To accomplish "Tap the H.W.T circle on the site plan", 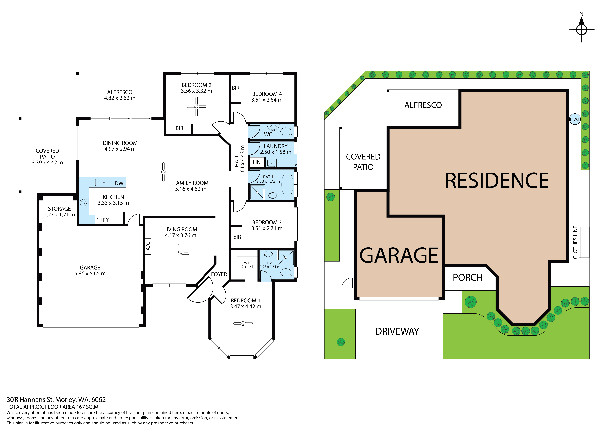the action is click(x=575, y=119).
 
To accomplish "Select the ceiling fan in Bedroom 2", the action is click(x=197, y=107).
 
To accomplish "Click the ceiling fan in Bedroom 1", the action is click(x=243, y=323).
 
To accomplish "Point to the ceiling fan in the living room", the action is click(x=179, y=254).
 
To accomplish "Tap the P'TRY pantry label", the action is click(x=102, y=220).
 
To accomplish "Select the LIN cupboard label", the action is click(x=257, y=162).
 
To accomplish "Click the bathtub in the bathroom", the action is click(x=287, y=185).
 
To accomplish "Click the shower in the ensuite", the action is click(x=286, y=258).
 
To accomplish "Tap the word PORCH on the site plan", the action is click(x=468, y=277).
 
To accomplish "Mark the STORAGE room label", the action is click(x=59, y=209).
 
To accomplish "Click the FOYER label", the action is click(x=219, y=274).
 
